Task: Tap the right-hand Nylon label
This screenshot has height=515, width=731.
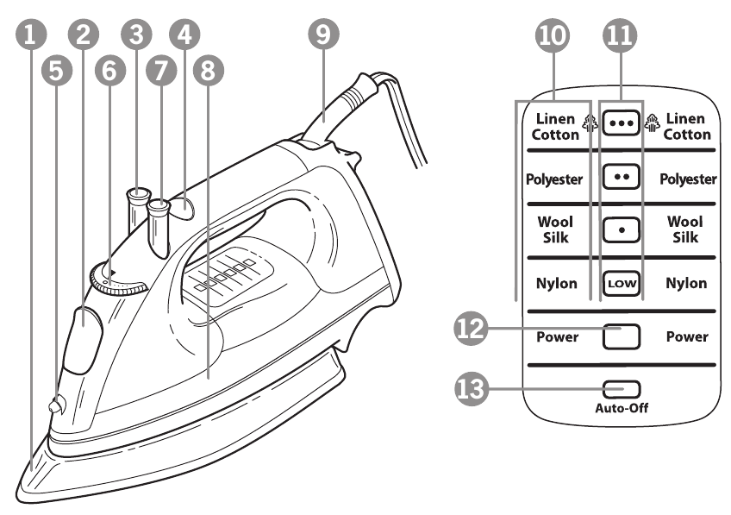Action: (x=686, y=283)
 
